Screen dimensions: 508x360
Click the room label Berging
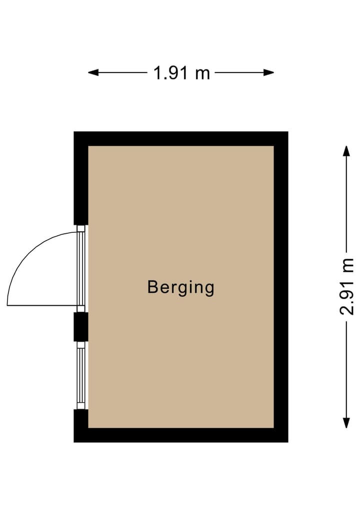coord(181,288)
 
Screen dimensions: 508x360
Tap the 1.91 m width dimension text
coord(181,73)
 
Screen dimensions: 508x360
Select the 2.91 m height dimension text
coord(346,286)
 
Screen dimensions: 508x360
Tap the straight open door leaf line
coord(42,305)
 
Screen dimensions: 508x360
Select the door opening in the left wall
coord(81,269)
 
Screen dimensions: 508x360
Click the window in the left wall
coord(81,375)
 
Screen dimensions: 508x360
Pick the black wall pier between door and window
coord(81,327)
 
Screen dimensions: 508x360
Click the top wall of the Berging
coord(181,139)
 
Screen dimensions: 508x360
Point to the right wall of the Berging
coord(281,287)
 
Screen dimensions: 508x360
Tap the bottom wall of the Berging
coord(181,435)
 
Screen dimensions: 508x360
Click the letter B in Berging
coord(153,287)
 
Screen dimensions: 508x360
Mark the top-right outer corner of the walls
coord(287,132)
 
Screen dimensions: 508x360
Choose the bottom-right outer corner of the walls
coord(287,442)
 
